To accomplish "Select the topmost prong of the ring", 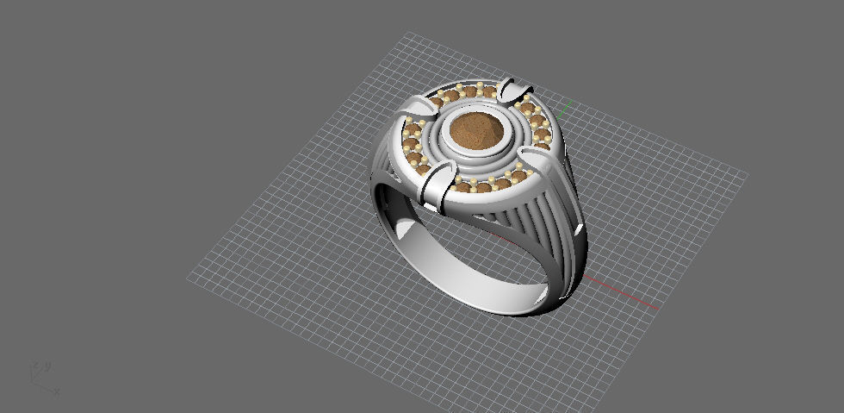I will click(x=514, y=88).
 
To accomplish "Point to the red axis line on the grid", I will click(x=624, y=293).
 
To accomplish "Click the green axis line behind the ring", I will click(x=566, y=108).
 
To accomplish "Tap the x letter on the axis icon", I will click(x=56, y=390).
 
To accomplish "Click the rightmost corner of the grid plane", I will click(x=746, y=174).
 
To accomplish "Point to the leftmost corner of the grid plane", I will click(x=189, y=278).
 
